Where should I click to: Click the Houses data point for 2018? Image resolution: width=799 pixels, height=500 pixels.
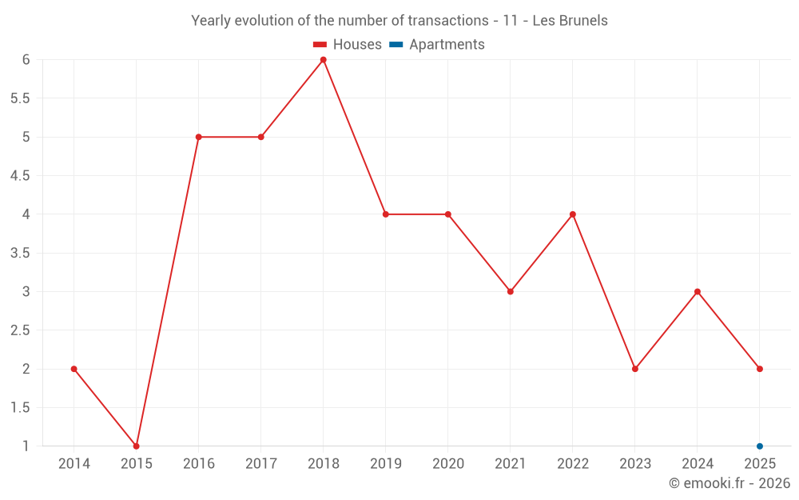[323, 60]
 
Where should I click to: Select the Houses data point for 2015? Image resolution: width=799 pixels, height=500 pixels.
[136, 446]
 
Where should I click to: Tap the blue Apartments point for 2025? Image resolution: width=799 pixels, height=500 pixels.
[759, 446]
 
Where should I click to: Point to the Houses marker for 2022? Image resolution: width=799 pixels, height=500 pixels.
[572, 214]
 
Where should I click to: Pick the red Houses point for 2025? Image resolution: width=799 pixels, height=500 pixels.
[759, 369]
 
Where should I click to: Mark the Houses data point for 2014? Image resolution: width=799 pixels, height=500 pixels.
[74, 369]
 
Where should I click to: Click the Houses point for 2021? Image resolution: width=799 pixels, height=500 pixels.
[510, 291]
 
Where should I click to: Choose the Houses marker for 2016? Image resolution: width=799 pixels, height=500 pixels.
[198, 137]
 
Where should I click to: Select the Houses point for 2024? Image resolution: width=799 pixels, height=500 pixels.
[697, 291]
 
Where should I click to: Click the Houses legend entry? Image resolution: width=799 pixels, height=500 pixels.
[348, 45]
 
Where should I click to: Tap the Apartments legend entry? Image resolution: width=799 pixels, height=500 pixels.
[437, 45]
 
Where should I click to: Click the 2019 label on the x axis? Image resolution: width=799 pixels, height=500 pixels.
[385, 464]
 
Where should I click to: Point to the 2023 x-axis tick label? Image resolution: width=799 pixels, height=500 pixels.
[634, 464]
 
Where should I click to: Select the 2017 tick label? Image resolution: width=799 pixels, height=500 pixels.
[260, 464]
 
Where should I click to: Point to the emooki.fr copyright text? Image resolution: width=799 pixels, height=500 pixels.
[729, 483]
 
